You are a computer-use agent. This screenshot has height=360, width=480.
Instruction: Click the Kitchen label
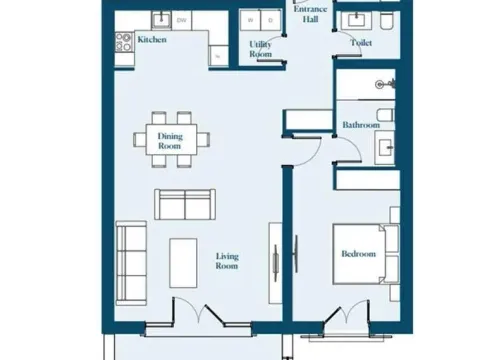(152, 40)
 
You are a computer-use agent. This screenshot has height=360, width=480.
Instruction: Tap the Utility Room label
(260, 49)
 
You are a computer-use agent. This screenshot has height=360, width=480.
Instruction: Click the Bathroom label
(360, 125)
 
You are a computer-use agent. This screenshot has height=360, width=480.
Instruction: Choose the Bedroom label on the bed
(358, 255)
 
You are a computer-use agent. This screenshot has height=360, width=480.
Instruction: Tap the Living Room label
(228, 261)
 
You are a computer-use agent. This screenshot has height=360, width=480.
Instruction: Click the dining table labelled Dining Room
(171, 141)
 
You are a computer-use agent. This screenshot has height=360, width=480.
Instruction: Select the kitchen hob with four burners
(125, 42)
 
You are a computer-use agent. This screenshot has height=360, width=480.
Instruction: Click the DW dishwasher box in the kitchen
(182, 20)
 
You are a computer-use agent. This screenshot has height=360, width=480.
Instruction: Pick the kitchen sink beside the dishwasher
(160, 20)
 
